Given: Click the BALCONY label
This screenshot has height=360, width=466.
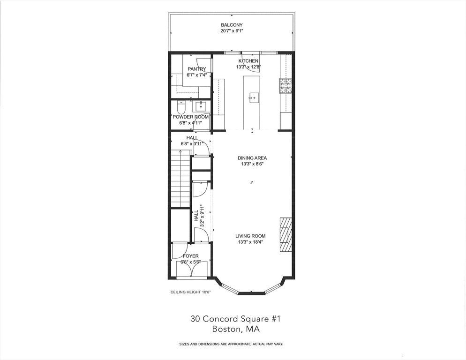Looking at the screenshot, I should point(232,25).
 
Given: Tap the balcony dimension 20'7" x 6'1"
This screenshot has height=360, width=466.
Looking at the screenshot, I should point(232,31).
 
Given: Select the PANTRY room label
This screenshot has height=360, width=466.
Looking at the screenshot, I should point(196,69).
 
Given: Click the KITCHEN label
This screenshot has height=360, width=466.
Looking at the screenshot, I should point(248,61).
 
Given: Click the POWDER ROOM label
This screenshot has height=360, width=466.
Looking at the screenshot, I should point(190,117).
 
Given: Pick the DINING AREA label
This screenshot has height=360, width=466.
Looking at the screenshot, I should point(252,158).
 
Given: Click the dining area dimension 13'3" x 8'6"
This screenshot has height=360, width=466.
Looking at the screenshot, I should point(252,164).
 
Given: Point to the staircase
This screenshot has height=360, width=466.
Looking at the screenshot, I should point(180,178).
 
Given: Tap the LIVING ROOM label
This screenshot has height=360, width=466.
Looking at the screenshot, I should point(250,236).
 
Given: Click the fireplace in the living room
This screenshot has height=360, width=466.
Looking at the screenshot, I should point(286,235).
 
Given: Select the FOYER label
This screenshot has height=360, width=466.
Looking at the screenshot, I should point(190,256).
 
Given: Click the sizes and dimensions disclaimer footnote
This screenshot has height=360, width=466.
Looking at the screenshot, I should point(231,344).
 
